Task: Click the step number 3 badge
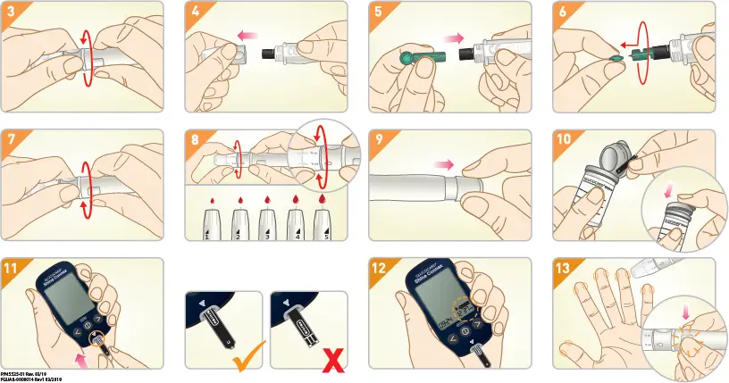pyautogui.click(x=10, y=11)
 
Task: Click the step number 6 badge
pyautogui.click(x=562, y=11)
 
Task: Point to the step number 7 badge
pyautogui.click(x=10, y=139)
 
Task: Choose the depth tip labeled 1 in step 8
pyautogui.click(x=206, y=223)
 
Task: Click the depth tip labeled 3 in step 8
pyautogui.click(x=265, y=223)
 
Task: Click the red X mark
pyautogui.click(x=333, y=360)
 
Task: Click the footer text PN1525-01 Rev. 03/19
pyautogui.click(x=25, y=372)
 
